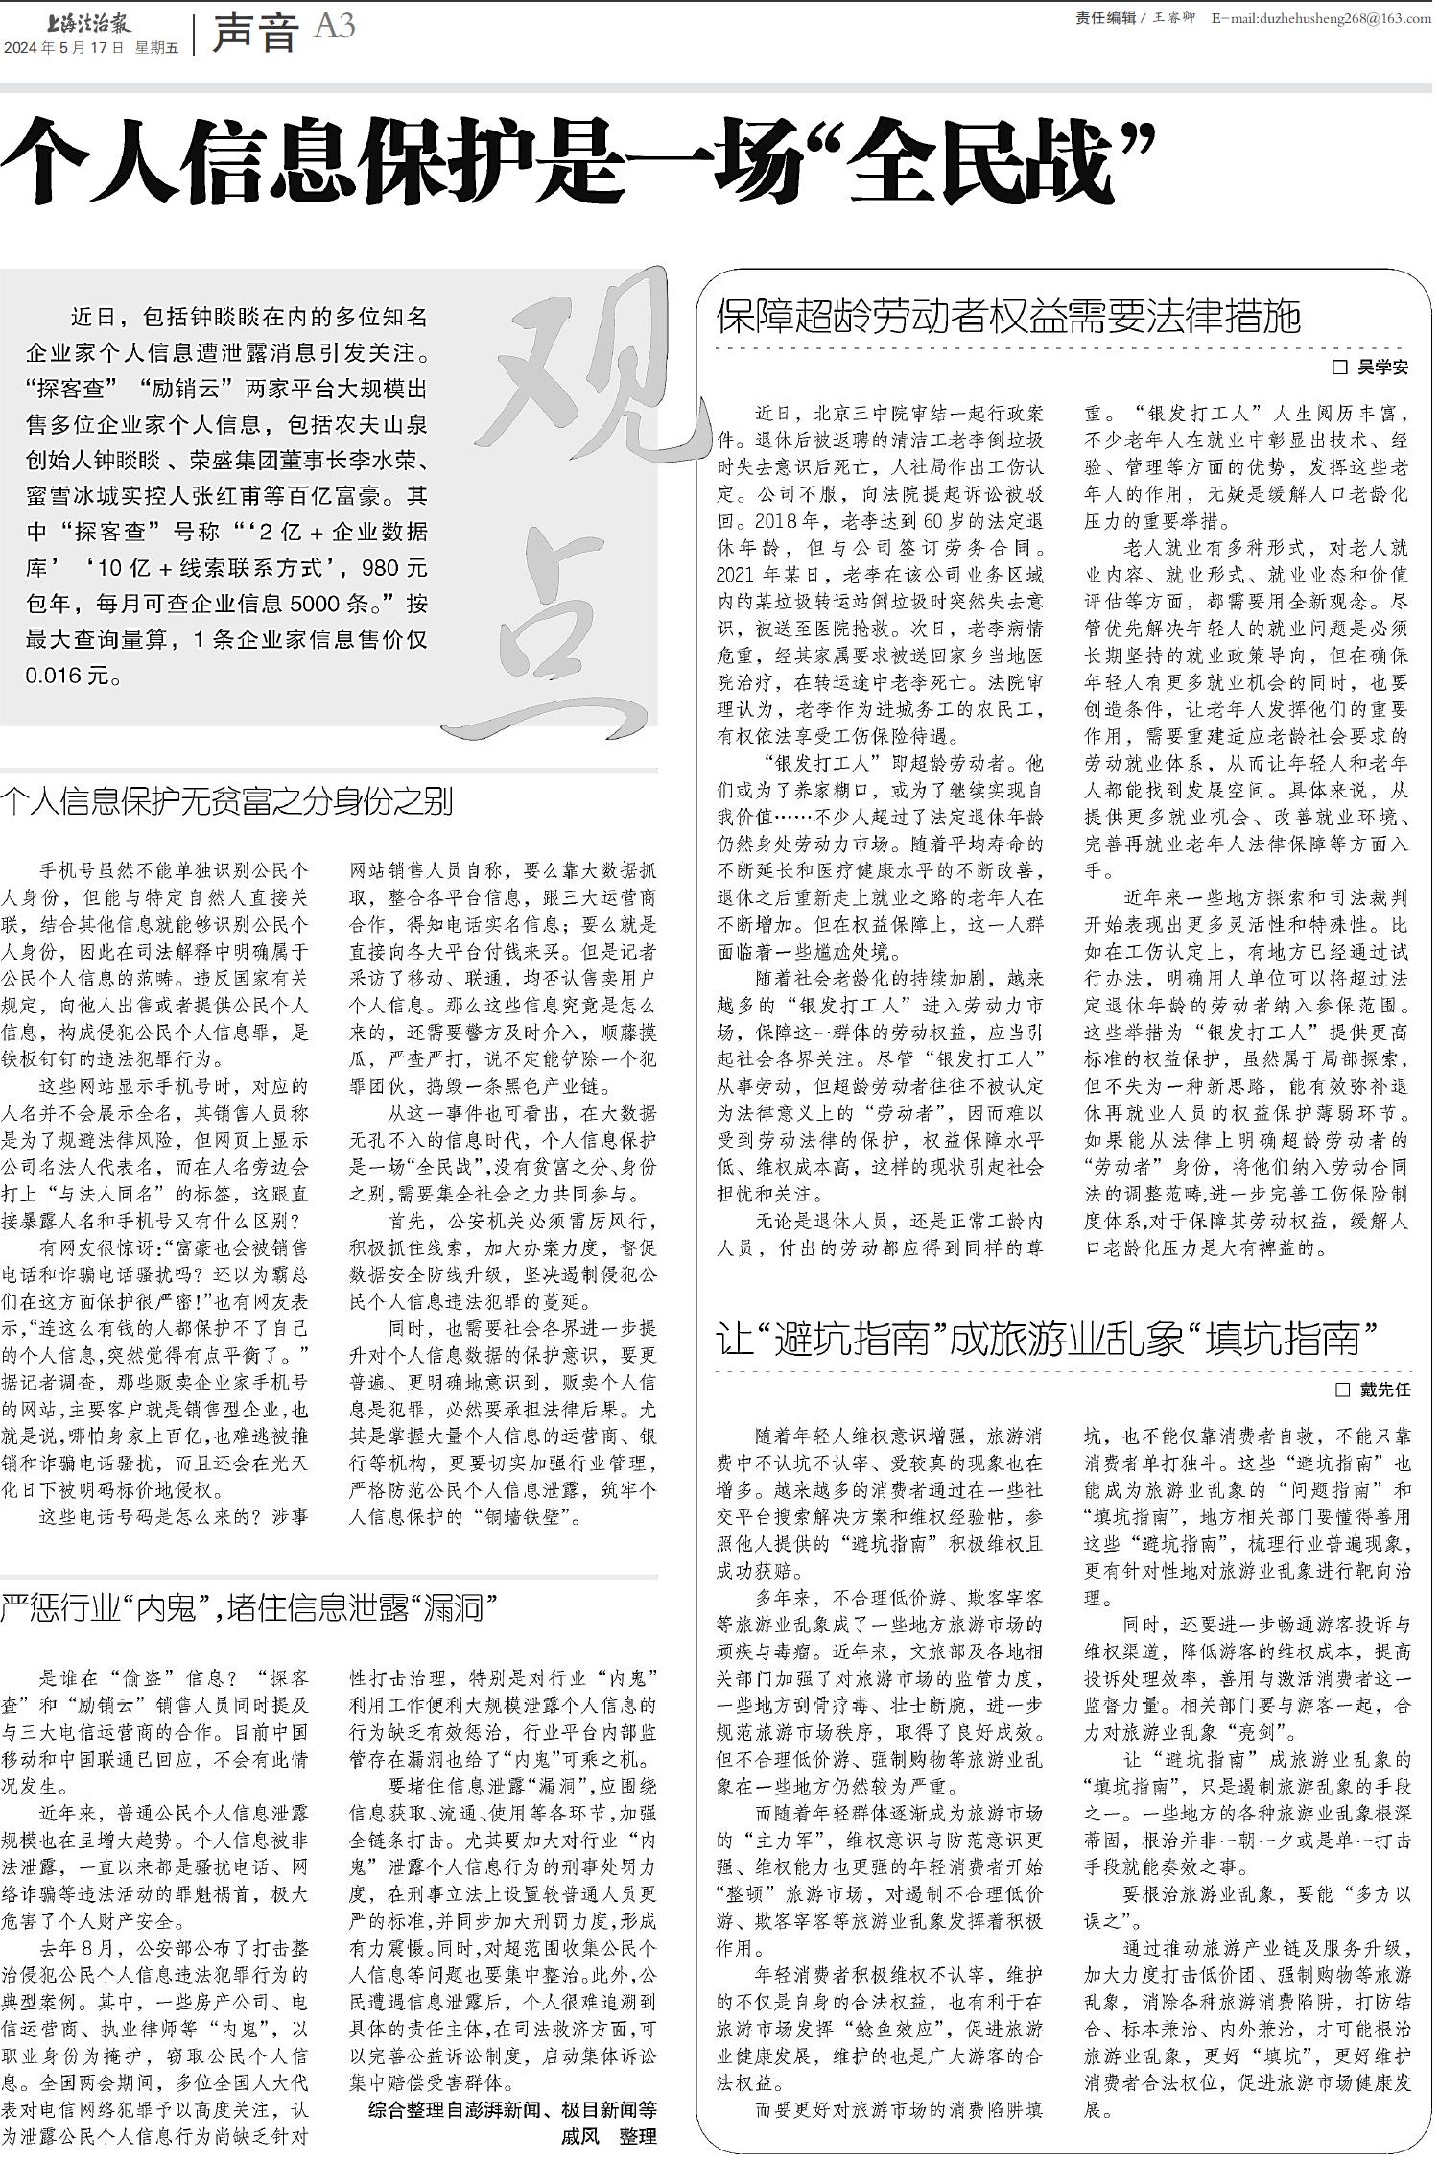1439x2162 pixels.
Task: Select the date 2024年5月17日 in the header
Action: [64, 47]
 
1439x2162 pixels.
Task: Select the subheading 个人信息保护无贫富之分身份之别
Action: [226, 801]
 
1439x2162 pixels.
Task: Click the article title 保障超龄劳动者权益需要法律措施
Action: [1008, 316]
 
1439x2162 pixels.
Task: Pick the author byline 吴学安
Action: [1381, 367]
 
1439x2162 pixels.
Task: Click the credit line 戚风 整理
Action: [609, 2136]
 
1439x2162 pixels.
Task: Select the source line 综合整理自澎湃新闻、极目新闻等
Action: [513, 2109]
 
